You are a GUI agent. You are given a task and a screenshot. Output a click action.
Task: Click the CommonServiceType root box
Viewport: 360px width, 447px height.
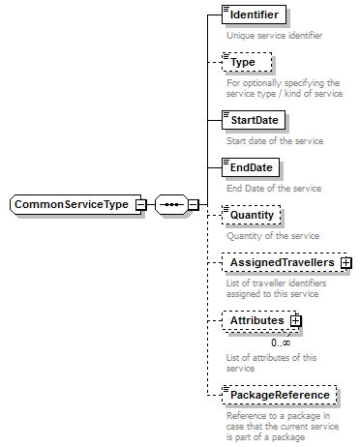(x=73, y=205)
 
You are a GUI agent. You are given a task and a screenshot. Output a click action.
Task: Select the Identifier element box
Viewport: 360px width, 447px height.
(x=254, y=15)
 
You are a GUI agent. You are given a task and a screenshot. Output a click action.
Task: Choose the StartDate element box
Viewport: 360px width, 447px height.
(x=253, y=121)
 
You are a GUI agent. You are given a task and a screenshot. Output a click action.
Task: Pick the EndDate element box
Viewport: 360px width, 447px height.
(x=249, y=167)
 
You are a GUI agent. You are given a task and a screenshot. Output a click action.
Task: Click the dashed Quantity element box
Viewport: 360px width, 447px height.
(x=251, y=215)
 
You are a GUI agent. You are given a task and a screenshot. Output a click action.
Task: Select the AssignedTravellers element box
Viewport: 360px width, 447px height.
(x=280, y=262)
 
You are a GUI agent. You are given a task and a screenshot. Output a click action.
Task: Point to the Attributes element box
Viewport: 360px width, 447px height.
(x=256, y=320)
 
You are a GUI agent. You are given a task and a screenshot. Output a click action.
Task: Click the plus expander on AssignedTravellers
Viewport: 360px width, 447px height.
(x=345, y=262)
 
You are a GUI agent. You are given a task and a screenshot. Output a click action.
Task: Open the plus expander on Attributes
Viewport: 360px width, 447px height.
(x=297, y=320)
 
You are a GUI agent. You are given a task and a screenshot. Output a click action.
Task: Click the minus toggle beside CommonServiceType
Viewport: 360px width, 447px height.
(x=141, y=205)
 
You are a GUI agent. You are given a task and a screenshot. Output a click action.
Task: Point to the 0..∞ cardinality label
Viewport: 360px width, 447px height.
(x=282, y=342)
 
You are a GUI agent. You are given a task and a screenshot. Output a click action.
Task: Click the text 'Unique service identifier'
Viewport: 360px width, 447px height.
(x=274, y=36)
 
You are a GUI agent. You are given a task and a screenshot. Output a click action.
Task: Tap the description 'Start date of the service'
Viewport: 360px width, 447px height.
(x=275, y=141)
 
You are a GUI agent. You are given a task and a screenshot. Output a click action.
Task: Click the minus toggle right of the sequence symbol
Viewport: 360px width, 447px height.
(x=193, y=205)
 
